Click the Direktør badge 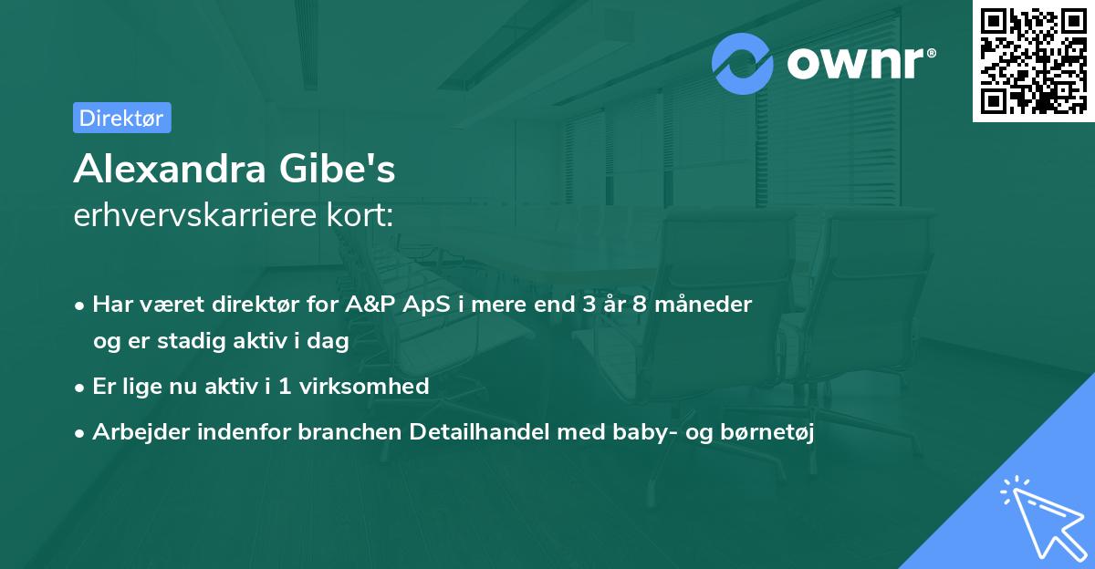pyautogui.click(x=121, y=118)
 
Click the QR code pyautogui.click(x=1032, y=60)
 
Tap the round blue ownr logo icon pyautogui.click(x=743, y=64)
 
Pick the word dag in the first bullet pyautogui.click(x=331, y=342)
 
